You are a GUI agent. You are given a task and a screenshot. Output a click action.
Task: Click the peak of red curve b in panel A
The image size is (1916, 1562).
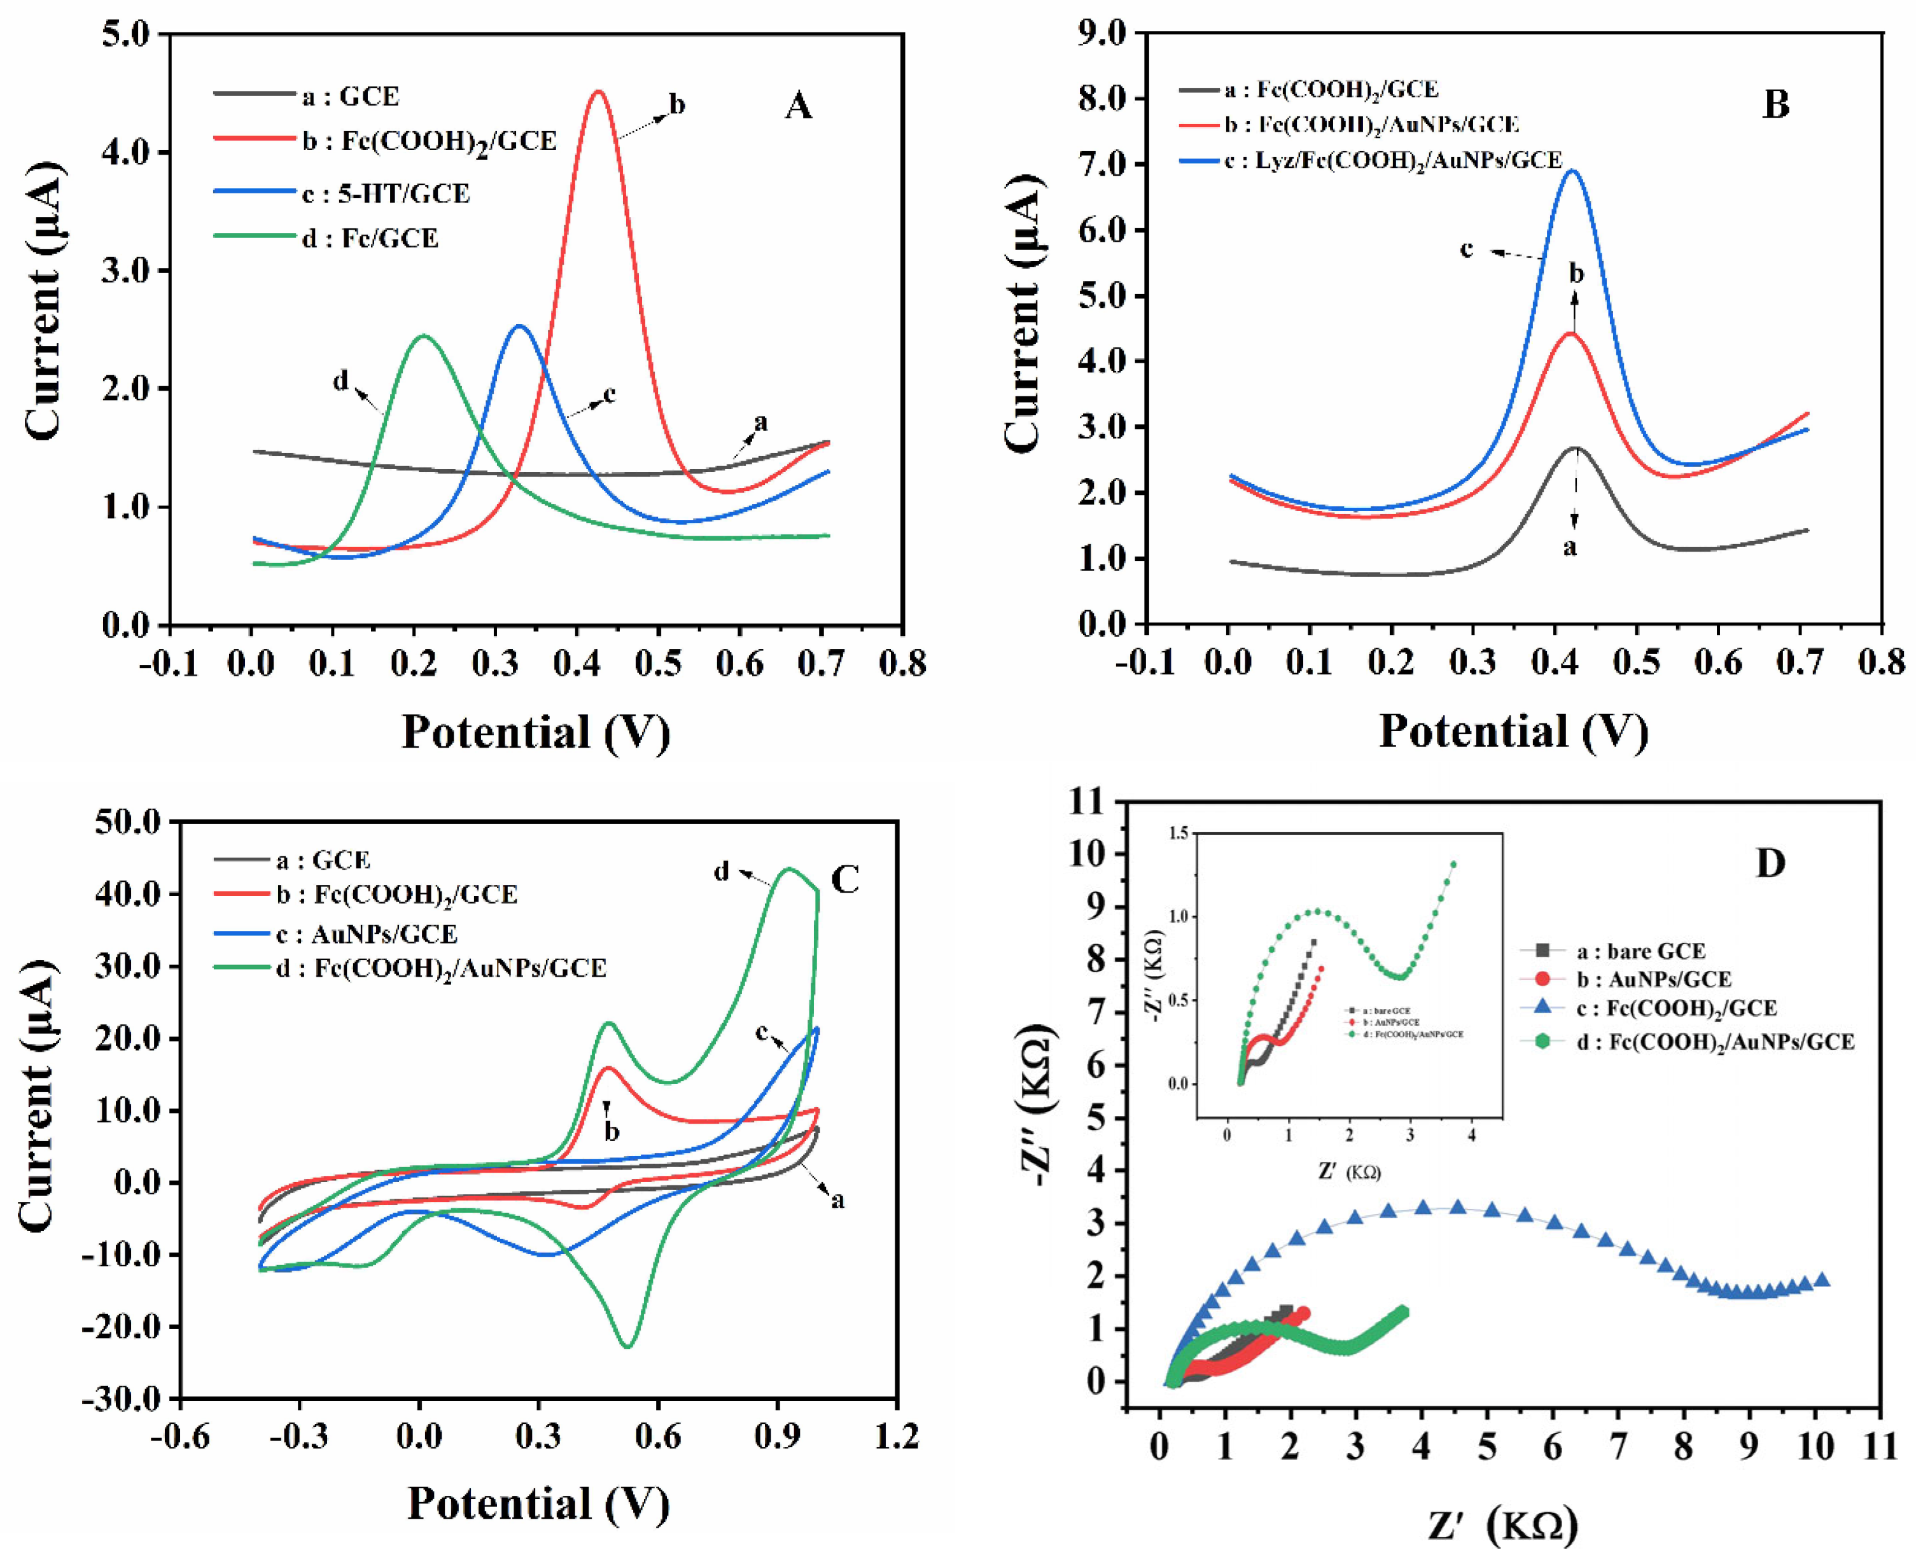598,92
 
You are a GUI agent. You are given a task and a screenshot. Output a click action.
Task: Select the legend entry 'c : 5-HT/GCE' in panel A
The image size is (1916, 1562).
385,193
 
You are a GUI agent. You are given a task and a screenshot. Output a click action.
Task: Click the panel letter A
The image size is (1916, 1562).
797,106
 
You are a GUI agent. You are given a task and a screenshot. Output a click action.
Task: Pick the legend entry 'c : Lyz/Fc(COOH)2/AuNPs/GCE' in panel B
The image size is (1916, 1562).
1391,160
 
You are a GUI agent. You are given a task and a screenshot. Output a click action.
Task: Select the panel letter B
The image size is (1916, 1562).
1775,104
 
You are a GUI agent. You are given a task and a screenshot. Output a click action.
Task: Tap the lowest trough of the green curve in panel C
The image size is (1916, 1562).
627,1346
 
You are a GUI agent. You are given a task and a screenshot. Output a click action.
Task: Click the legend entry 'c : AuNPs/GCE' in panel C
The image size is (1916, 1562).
367,934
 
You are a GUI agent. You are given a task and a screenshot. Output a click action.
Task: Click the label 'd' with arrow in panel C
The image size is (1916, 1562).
721,871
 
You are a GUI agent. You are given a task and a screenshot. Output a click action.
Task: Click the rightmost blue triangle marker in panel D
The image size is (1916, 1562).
1822,1279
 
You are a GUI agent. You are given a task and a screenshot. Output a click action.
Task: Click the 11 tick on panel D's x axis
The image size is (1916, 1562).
1880,1447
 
